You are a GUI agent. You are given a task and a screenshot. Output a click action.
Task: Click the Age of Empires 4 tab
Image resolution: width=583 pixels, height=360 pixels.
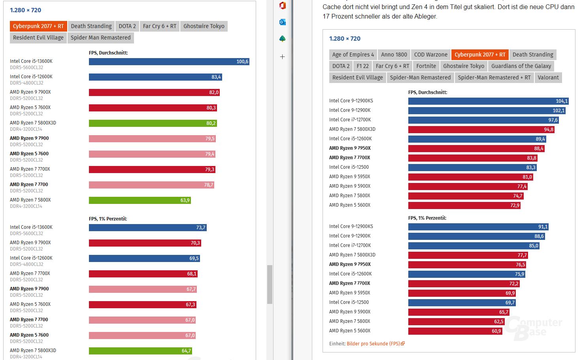[x=353, y=55]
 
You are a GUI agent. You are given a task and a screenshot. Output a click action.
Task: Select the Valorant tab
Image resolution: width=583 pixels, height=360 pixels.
[x=548, y=77]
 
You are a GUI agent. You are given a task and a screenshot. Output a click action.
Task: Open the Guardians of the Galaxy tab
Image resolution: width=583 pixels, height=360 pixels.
[x=521, y=66]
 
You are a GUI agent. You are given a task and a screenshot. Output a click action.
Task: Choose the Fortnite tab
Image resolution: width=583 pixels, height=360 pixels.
[x=426, y=66]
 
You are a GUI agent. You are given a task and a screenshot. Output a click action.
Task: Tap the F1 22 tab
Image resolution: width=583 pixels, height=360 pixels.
[x=362, y=66]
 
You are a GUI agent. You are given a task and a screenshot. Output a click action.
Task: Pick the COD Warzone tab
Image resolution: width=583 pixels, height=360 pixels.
[x=430, y=55]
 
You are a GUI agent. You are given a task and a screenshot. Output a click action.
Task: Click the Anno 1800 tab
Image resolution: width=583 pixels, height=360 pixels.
[x=394, y=55]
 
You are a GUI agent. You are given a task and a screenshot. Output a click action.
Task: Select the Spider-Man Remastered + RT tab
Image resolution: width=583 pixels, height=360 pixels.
[x=494, y=77]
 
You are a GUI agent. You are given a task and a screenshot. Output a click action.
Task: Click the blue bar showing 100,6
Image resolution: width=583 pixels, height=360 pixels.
[x=169, y=62]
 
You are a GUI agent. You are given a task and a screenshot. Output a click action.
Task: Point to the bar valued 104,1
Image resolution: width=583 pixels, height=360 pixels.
[x=488, y=101]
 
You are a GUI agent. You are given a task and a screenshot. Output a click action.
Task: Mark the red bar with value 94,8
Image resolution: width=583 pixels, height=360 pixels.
[x=481, y=130]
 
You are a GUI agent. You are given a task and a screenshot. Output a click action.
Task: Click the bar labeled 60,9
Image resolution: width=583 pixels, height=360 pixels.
[x=455, y=331]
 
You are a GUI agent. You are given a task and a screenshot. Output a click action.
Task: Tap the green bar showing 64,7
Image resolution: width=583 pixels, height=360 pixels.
[x=140, y=351]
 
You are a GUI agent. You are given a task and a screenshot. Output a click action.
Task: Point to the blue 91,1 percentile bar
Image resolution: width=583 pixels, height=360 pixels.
[x=478, y=227]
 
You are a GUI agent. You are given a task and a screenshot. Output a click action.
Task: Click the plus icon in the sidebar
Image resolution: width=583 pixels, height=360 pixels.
[x=282, y=57]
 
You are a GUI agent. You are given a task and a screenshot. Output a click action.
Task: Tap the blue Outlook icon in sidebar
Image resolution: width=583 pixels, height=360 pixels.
[x=282, y=22]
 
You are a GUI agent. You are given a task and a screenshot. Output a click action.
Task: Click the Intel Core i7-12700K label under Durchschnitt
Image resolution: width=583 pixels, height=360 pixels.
[x=350, y=120]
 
